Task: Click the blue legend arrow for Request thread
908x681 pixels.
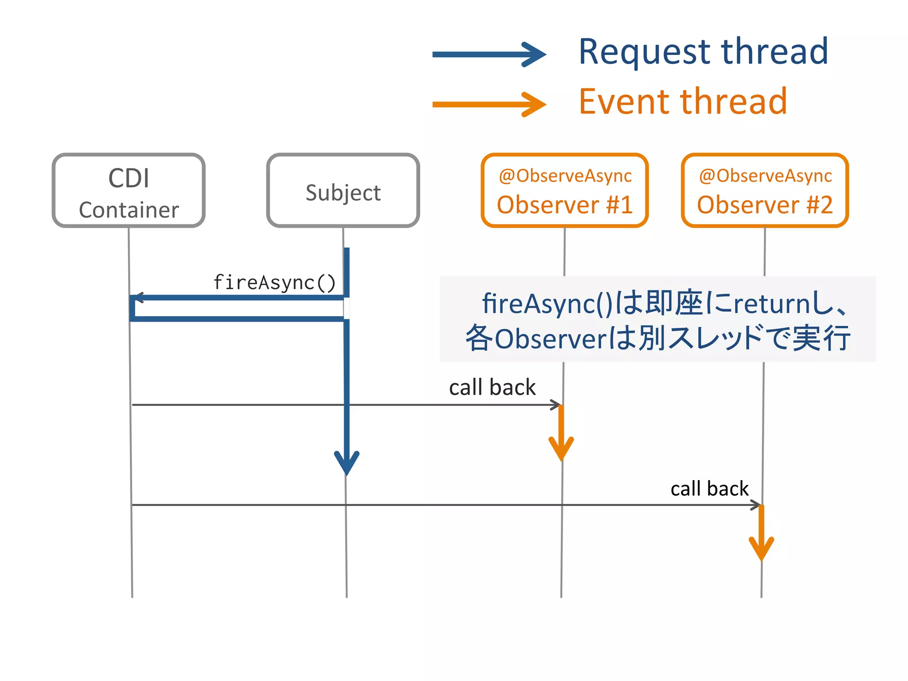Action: [488, 55]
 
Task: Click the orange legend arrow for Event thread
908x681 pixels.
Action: [488, 105]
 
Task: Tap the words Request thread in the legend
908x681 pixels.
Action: [703, 52]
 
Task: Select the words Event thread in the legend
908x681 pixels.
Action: [683, 102]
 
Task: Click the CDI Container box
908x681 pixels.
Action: [129, 191]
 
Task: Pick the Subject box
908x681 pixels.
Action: [343, 191]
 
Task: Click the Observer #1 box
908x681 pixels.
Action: [565, 191]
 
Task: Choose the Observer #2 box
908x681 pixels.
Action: [765, 191]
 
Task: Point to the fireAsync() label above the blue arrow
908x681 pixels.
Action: [274, 283]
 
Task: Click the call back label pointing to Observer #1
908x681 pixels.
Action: [492, 387]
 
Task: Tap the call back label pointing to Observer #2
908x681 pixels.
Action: [709, 489]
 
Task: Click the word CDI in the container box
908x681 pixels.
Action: [129, 179]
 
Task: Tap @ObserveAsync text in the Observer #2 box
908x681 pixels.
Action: [765, 176]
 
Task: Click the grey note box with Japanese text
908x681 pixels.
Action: [658, 319]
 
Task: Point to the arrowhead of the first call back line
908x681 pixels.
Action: [556, 405]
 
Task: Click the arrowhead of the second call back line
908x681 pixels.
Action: [756, 505]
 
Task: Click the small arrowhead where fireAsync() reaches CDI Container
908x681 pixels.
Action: [138, 297]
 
